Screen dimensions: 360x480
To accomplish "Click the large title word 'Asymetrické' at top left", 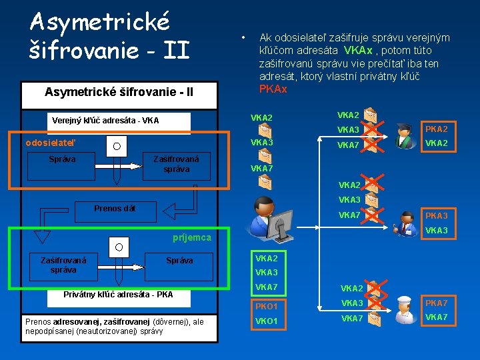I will pyautogui.click(x=100, y=21).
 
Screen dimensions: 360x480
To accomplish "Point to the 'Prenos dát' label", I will pyautogui.click(x=115, y=209).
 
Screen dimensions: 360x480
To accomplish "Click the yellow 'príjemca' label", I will pyautogui.click(x=191, y=237).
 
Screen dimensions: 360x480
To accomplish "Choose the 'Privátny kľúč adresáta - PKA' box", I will pyautogui.click(x=118, y=294).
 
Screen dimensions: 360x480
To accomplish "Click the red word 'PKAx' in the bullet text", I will pyautogui.click(x=273, y=89).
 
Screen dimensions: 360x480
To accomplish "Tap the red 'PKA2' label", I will pyautogui.click(x=437, y=129).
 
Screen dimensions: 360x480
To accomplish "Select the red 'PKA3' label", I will pyautogui.click(x=437, y=216).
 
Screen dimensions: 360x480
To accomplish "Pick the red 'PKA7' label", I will pyautogui.click(x=437, y=303).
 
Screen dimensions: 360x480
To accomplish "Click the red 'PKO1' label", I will pyautogui.click(x=267, y=307).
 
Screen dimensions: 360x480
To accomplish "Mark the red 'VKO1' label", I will pyautogui.click(x=267, y=321).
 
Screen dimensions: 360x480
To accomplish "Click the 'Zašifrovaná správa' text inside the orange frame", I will pyautogui.click(x=176, y=164).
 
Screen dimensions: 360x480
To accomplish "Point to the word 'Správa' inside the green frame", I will pyautogui.click(x=179, y=261).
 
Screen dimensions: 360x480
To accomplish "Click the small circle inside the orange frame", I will pyautogui.click(x=117, y=146).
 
